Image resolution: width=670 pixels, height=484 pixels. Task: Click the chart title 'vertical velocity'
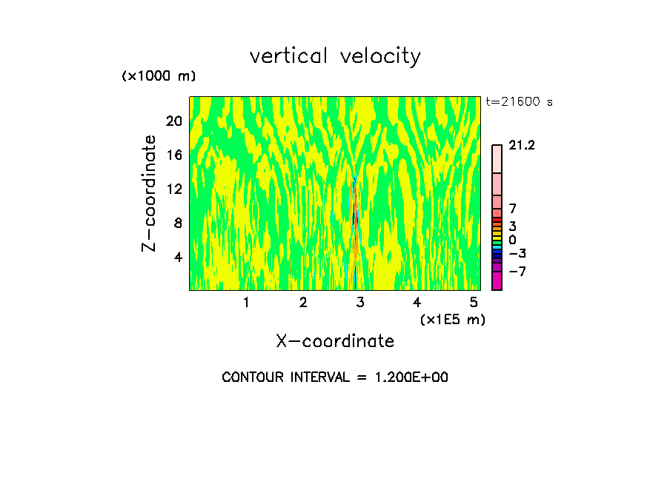(335, 56)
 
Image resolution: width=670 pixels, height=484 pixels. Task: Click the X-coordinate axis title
(335, 341)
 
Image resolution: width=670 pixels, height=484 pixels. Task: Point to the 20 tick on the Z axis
(173, 121)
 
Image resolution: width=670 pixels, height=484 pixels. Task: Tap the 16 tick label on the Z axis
(173, 155)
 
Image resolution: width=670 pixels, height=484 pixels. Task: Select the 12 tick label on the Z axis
(173, 189)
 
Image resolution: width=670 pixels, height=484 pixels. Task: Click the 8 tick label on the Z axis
(178, 223)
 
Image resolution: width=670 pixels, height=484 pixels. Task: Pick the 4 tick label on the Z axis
(178, 257)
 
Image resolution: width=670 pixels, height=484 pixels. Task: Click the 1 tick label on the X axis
(246, 302)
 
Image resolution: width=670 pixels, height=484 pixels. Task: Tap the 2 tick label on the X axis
(303, 302)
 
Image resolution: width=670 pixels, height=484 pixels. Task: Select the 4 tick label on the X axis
(417, 302)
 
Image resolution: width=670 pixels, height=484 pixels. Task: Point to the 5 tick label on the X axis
(474, 302)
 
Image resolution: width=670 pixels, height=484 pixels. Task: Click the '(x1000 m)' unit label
(159, 77)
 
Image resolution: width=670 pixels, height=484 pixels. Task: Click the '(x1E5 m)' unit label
(453, 320)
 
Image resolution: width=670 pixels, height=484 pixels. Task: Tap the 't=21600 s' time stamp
(519, 102)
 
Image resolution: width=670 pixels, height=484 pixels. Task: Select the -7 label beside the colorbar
(517, 272)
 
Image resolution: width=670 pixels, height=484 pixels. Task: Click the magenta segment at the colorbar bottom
(497, 280)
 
